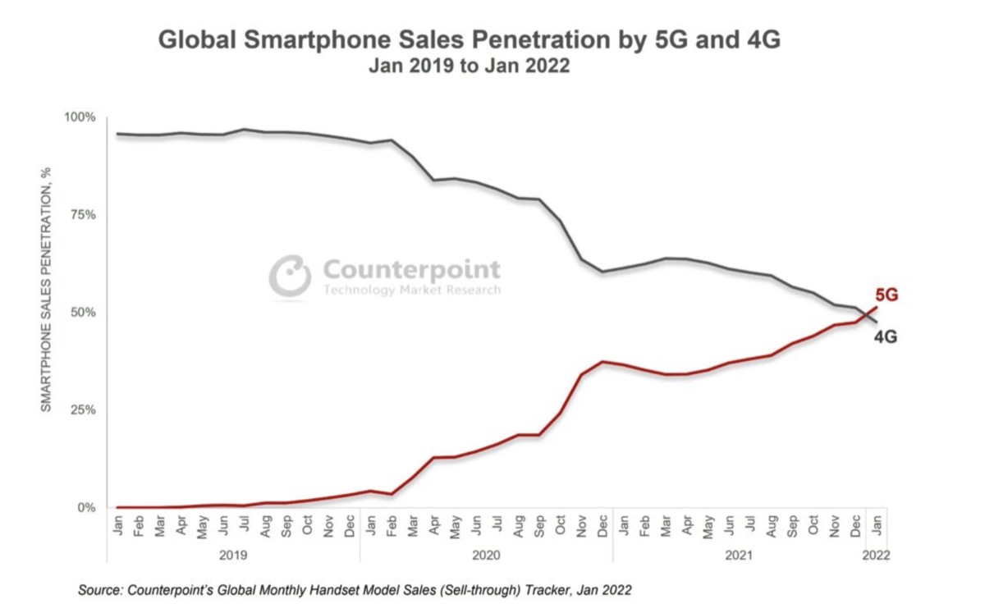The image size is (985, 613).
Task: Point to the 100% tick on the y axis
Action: point(80,117)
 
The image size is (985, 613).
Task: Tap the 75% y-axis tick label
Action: point(82,215)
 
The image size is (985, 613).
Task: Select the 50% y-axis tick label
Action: point(82,313)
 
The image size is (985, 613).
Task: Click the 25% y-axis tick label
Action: point(82,410)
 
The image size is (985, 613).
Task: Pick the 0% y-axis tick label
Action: point(85,508)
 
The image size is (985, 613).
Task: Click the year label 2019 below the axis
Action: point(232,556)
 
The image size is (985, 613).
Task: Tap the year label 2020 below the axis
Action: point(485,556)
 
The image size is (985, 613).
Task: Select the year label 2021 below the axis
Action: point(739,556)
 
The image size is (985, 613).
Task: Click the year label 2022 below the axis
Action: point(875,556)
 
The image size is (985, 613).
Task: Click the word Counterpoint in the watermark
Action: point(411,269)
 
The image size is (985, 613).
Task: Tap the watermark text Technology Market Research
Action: point(411,290)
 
